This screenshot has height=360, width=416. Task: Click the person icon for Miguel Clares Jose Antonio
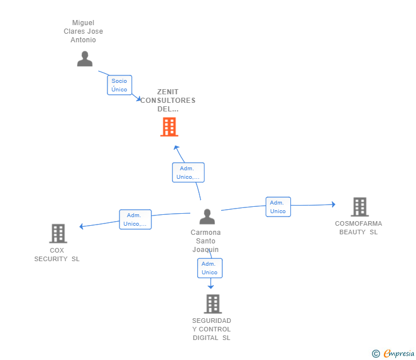coord(85,59)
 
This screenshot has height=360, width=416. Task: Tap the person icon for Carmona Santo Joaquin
coord(207,217)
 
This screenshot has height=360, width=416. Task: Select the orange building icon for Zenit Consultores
coord(169,127)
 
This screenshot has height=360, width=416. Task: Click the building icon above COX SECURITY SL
coord(58,234)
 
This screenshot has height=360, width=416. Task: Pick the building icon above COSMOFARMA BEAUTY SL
coord(360,207)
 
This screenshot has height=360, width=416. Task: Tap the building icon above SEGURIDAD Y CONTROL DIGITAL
coord(213,304)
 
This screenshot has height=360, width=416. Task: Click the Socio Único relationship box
coord(119,85)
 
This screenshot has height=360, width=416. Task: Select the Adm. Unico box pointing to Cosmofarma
coord(278,207)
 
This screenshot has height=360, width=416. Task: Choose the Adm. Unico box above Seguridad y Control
coord(210,268)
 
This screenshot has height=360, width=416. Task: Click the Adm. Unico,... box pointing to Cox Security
coord(135,219)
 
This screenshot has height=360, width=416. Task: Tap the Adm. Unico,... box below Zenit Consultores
coord(188,173)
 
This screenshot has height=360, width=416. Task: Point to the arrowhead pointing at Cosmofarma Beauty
coord(334,204)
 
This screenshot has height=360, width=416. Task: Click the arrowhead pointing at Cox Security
coord(82,226)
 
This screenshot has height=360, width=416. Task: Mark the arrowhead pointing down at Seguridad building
coord(211,287)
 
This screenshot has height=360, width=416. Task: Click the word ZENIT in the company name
coord(167,92)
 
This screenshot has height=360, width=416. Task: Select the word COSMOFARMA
coord(358,223)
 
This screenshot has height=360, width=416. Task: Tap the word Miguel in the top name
coord(83,22)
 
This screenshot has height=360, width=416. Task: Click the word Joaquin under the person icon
coord(206,250)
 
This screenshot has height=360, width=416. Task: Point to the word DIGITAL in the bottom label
coord(205,338)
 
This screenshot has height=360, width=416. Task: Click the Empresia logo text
coord(399,353)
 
